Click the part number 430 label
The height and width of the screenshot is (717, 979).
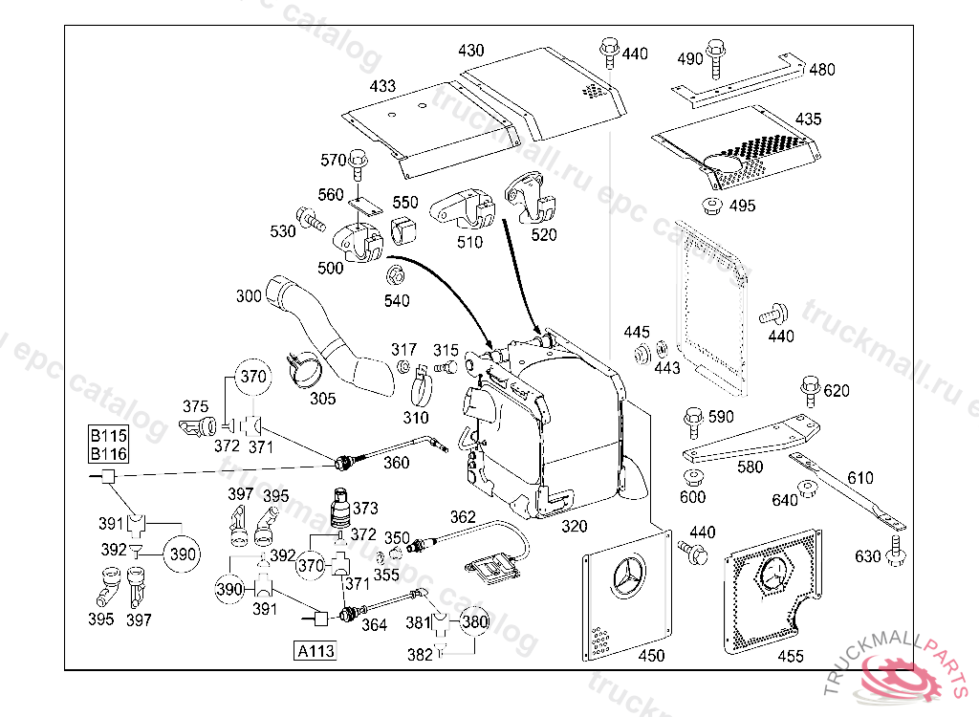[471, 51]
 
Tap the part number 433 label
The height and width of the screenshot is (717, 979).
[382, 87]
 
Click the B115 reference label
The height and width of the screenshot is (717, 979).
[108, 435]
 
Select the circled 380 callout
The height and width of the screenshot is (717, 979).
[475, 622]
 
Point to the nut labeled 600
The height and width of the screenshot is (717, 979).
[692, 478]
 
